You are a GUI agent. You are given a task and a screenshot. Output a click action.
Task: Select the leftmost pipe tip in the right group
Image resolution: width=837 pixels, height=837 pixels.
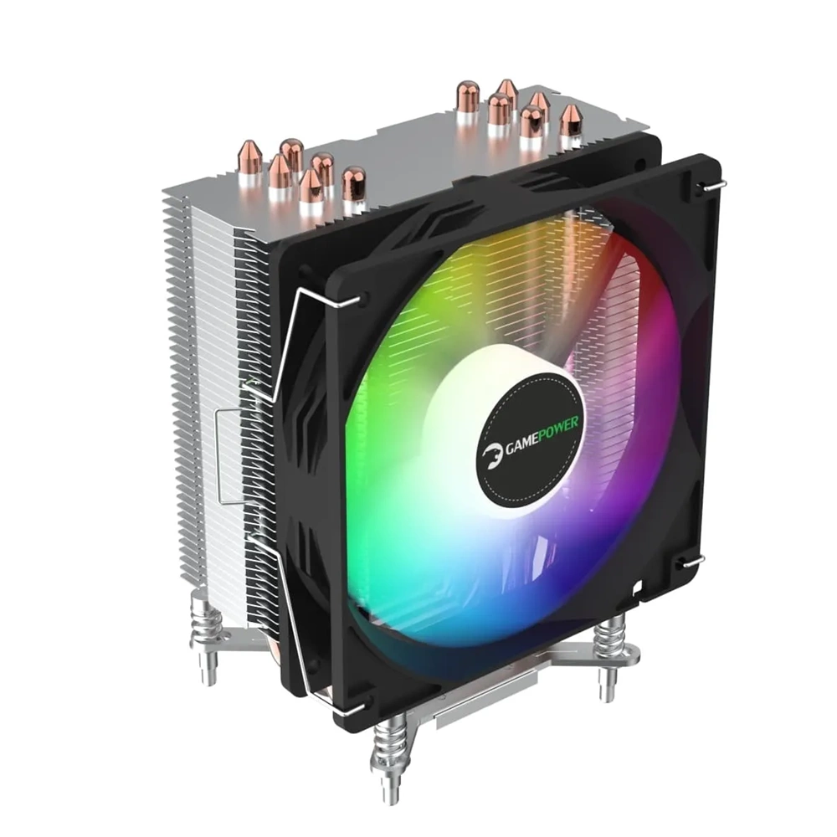point(467,97)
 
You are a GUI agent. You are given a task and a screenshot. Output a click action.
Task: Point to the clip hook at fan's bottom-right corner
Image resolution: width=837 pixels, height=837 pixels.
point(691,561)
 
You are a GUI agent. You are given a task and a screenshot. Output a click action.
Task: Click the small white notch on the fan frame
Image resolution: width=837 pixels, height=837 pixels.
point(637,586)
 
